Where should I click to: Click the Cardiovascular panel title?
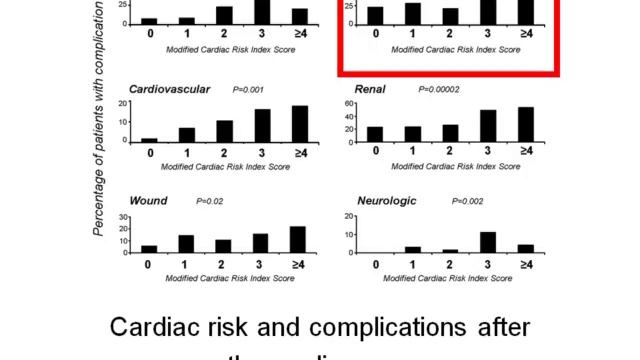(169, 90)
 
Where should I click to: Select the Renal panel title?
(370, 90)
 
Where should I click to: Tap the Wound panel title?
(148, 201)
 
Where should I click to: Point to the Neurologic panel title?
(386, 201)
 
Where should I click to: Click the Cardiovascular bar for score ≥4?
(299, 123)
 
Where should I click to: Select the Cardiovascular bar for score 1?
(187, 134)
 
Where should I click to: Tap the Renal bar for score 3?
(488, 125)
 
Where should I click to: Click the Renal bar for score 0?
(375, 133)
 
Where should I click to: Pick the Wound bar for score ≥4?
(299, 239)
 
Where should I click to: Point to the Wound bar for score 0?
(149, 248)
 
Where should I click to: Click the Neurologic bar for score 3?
(488, 242)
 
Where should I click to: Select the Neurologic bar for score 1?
(413, 249)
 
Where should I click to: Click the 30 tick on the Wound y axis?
(124, 217)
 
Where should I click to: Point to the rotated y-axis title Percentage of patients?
(99, 120)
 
